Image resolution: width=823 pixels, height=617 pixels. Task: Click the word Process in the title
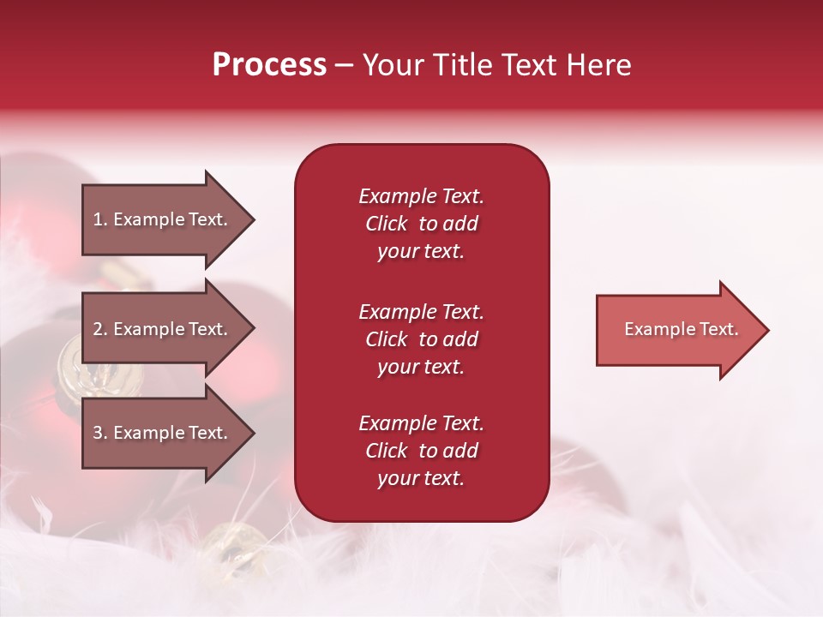pyautogui.click(x=269, y=65)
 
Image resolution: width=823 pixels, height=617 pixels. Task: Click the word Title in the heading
pyautogui.click(x=463, y=65)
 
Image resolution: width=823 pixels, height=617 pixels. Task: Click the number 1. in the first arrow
pyautogui.click(x=100, y=219)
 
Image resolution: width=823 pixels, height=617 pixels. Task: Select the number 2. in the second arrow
pyautogui.click(x=100, y=329)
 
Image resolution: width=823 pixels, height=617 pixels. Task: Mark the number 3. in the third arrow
pyautogui.click(x=100, y=433)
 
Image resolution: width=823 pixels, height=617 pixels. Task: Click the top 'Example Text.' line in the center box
pyautogui.click(x=421, y=196)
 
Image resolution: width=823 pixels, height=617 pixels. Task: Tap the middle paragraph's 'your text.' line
pyautogui.click(x=421, y=367)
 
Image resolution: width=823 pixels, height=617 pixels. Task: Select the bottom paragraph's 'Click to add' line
pyautogui.click(x=421, y=451)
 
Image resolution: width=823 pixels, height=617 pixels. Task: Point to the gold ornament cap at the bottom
pyautogui.click(x=236, y=545)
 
